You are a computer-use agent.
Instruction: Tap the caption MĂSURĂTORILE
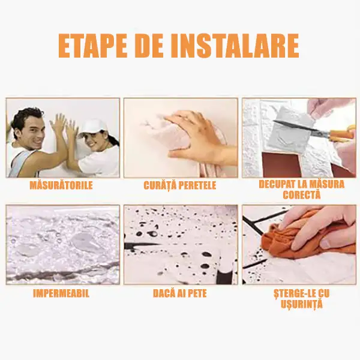tap(61, 185)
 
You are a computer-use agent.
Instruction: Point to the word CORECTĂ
tap(301, 195)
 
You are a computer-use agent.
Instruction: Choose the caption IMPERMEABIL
tap(61, 293)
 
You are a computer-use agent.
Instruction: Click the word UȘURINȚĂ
tap(301, 304)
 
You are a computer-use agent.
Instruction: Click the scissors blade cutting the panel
tap(301, 127)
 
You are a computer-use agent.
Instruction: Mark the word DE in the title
tap(149, 47)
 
